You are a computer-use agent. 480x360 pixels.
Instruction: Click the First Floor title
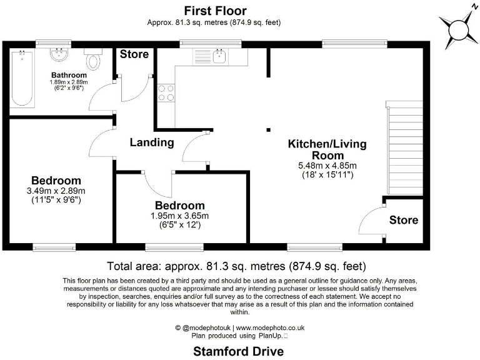214,11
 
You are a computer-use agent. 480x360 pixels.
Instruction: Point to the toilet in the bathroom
94,61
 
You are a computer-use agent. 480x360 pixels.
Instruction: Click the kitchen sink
220,57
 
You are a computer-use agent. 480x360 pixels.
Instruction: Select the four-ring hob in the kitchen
166,92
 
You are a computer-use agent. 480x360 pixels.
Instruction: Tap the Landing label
152,142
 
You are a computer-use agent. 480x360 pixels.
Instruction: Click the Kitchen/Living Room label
327,149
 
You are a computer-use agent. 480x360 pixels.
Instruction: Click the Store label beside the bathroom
134,54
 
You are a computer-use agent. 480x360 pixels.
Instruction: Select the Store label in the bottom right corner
404,220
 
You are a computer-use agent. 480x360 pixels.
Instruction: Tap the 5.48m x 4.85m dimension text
327,166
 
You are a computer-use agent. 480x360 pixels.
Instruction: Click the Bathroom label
69,75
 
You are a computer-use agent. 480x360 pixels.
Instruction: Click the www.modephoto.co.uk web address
270,327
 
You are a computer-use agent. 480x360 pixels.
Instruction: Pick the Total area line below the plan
236,265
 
